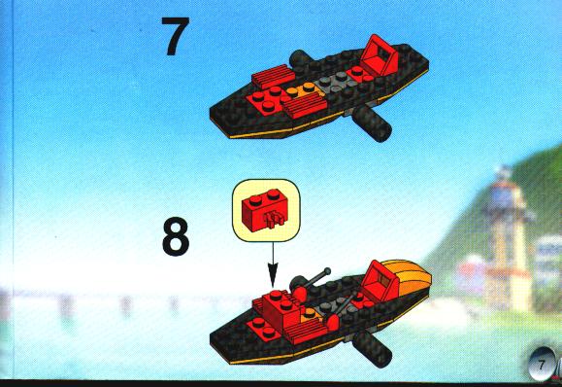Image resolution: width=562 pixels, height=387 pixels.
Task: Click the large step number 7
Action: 176,36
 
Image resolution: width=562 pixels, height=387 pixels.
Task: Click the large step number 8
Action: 176,236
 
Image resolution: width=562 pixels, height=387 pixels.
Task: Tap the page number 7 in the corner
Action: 541,366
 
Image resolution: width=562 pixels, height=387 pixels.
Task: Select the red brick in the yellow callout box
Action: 264,211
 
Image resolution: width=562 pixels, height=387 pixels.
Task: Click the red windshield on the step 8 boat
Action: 380,281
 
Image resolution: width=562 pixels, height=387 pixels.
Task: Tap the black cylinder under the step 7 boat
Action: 372,123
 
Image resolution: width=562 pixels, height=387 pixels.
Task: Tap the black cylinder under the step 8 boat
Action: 372,349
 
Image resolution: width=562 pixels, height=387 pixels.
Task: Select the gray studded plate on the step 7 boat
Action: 335,83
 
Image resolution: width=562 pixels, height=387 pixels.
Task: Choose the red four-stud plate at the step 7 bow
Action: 265,100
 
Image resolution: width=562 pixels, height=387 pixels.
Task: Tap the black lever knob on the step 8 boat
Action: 326,271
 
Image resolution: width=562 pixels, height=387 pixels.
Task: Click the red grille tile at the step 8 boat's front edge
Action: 306,331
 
